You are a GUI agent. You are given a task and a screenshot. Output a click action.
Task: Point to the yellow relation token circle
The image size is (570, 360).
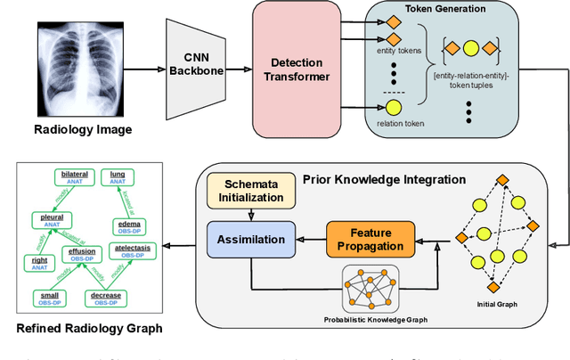tap(392, 110)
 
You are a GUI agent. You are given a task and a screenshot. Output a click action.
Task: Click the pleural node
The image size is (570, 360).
tap(50, 218)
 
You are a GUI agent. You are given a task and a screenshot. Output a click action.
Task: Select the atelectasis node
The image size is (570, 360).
tap(133, 250)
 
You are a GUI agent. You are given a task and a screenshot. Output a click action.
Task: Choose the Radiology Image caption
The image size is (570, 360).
tap(82, 130)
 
